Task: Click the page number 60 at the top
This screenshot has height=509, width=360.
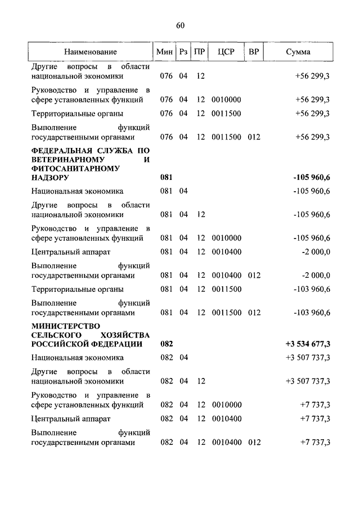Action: point(180,25)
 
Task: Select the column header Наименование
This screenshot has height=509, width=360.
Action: point(90,52)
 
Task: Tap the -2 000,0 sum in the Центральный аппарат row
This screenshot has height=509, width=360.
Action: point(315,251)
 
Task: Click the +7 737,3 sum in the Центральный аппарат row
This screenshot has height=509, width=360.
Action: point(315,418)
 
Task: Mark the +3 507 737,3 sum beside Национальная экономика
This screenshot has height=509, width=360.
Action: point(308,357)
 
